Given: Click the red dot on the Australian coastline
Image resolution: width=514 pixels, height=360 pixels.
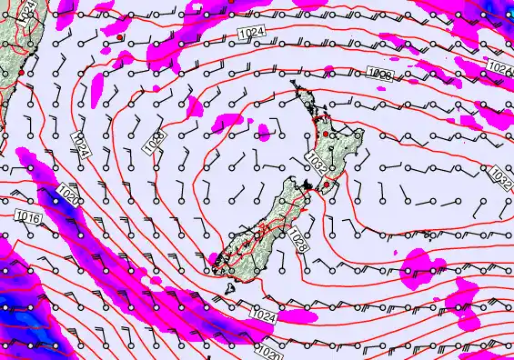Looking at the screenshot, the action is [x=20, y=71].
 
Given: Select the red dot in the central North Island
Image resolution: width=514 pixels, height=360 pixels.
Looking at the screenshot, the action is [x=334, y=135].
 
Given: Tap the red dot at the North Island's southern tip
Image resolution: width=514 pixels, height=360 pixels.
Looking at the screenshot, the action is [x=325, y=185].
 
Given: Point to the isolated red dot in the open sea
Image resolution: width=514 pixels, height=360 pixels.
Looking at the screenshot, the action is [x=119, y=37].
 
